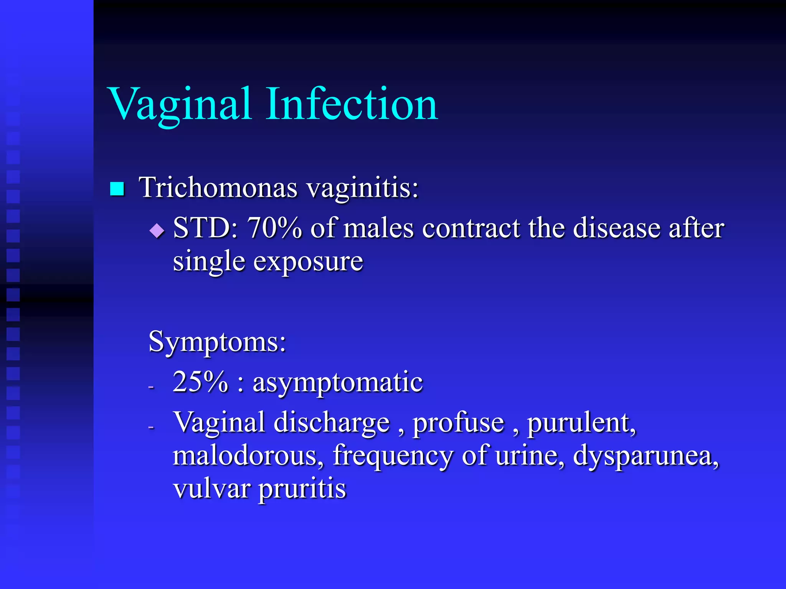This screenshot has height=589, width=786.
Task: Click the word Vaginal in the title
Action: pyautogui.click(x=180, y=104)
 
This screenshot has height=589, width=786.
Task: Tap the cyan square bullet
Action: pyautogui.click(x=117, y=189)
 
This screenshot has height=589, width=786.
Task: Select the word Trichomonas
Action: pyautogui.click(x=218, y=188)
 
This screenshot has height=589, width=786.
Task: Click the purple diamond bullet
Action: pyautogui.click(x=157, y=230)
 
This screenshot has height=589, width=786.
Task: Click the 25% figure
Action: pyautogui.click(x=200, y=382)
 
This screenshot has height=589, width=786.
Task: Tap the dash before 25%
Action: pyautogui.click(x=151, y=387)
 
